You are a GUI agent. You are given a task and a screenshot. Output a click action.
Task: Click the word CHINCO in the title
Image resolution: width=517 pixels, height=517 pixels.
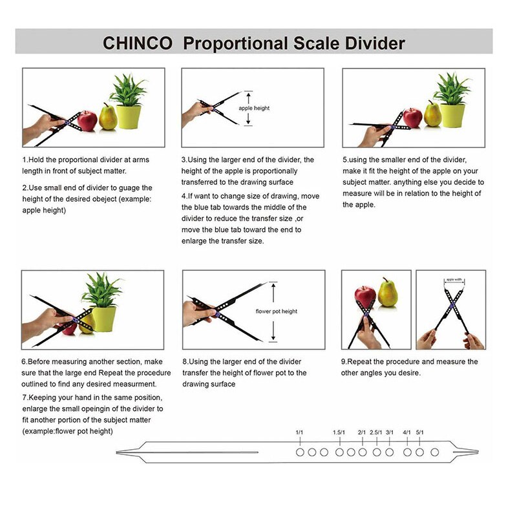(x=138, y=43)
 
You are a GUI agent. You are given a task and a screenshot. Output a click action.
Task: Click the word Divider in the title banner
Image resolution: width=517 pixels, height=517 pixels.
(x=372, y=43)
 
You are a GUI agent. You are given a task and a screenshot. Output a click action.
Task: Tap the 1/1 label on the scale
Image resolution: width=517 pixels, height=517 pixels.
(x=299, y=432)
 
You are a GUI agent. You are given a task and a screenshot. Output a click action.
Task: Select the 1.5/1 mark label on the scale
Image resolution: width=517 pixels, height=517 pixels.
(x=339, y=432)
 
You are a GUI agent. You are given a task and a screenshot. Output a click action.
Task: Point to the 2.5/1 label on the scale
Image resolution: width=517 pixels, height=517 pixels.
(x=376, y=432)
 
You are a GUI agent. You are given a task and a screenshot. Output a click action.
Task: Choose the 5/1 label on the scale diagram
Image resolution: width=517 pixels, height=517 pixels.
(x=420, y=432)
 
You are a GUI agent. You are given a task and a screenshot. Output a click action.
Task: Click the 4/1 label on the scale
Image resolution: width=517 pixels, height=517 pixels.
(x=407, y=432)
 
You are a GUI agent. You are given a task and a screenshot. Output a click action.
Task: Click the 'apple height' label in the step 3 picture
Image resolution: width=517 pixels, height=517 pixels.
(x=254, y=109)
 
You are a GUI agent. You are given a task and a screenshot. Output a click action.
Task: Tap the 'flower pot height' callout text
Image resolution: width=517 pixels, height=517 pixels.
(x=277, y=311)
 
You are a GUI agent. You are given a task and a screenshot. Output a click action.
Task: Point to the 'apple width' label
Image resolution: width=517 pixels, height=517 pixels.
(x=454, y=280)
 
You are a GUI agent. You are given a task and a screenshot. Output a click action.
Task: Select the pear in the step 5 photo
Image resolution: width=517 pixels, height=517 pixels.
(x=432, y=116)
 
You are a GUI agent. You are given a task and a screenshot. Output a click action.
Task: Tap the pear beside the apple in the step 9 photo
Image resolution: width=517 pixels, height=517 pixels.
(x=388, y=293)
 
